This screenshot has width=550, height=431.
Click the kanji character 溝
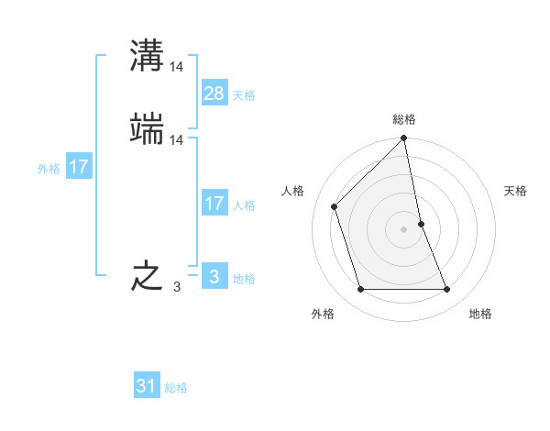point(148,55)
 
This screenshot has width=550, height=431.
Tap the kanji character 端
point(148,129)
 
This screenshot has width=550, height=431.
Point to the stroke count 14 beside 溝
point(177,66)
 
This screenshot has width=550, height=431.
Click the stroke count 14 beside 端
point(177,140)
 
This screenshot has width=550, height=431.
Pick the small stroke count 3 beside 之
point(177,287)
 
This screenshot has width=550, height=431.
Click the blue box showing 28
point(214,94)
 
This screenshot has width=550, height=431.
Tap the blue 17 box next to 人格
point(214,204)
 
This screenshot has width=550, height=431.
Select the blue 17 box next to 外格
point(79,167)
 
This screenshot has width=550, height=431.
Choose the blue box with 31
point(147,386)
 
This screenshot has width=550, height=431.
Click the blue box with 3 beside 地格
point(214,277)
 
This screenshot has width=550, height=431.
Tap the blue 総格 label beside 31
point(176,388)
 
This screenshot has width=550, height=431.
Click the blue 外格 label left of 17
point(49,169)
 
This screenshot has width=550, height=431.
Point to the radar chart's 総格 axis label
point(404,120)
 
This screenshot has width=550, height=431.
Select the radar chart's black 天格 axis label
point(515,191)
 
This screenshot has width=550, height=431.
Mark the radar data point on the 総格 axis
point(404,139)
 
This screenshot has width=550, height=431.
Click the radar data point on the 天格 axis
point(421,224)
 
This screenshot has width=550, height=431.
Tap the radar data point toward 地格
point(447,290)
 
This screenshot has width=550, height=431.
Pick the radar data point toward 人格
point(335,206)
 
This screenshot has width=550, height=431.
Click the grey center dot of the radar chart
point(404,229)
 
